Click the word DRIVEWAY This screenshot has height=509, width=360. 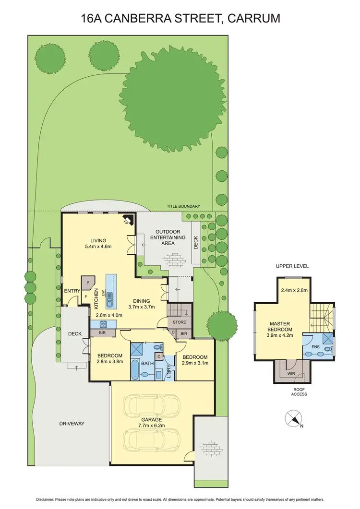(x=72, y=424)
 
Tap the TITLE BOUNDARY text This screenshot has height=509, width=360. (x=183, y=206)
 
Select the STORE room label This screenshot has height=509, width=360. (x=180, y=322)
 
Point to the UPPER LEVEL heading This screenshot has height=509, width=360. (x=292, y=266)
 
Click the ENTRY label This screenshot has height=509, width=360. (x=72, y=291)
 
